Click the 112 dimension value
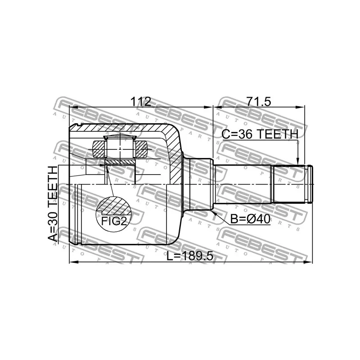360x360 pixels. (140, 102)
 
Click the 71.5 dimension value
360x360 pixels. (258, 102)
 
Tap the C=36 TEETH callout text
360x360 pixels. (260, 134)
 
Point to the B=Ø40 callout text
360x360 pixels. (250, 219)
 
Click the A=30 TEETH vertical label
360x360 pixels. (53, 204)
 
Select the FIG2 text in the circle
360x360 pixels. (114, 221)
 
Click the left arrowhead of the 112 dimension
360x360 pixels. (73, 107)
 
